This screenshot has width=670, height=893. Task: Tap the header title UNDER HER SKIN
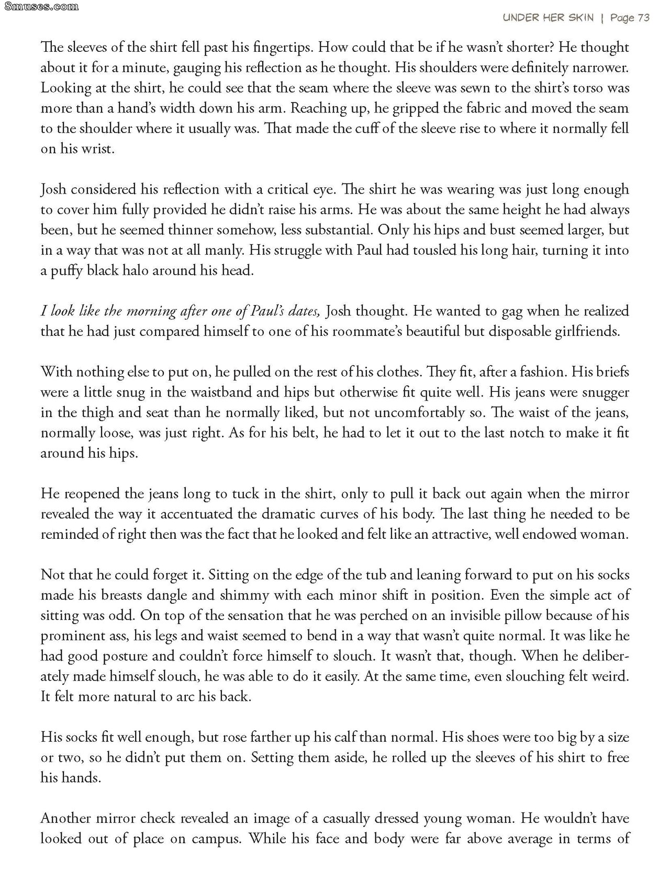click(x=548, y=18)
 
